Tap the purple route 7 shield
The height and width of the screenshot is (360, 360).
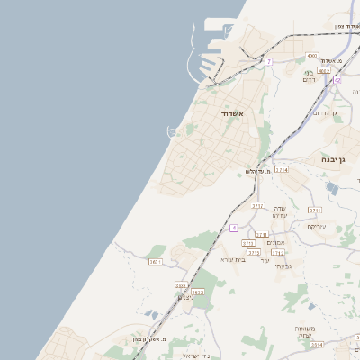click(x=268, y=61)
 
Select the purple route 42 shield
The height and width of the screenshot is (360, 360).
click(x=337, y=80)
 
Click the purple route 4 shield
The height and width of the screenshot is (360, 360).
click(x=234, y=228)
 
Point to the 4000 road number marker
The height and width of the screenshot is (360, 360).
click(x=311, y=56)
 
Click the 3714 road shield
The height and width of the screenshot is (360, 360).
click(x=282, y=169)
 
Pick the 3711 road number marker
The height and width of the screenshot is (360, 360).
click(x=314, y=210)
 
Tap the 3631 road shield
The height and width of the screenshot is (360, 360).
click(x=155, y=261)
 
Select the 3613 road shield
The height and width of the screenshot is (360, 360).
click(x=181, y=285)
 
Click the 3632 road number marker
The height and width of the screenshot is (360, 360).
click(x=198, y=292)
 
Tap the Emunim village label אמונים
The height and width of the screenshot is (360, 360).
click(x=276, y=242)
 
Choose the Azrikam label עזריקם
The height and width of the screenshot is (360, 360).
click(x=317, y=226)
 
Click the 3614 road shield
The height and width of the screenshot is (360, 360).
click(x=316, y=344)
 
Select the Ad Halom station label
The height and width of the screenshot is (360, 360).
click(x=257, y=171)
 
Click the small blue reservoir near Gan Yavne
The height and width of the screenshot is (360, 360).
click(x=332, y=189)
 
